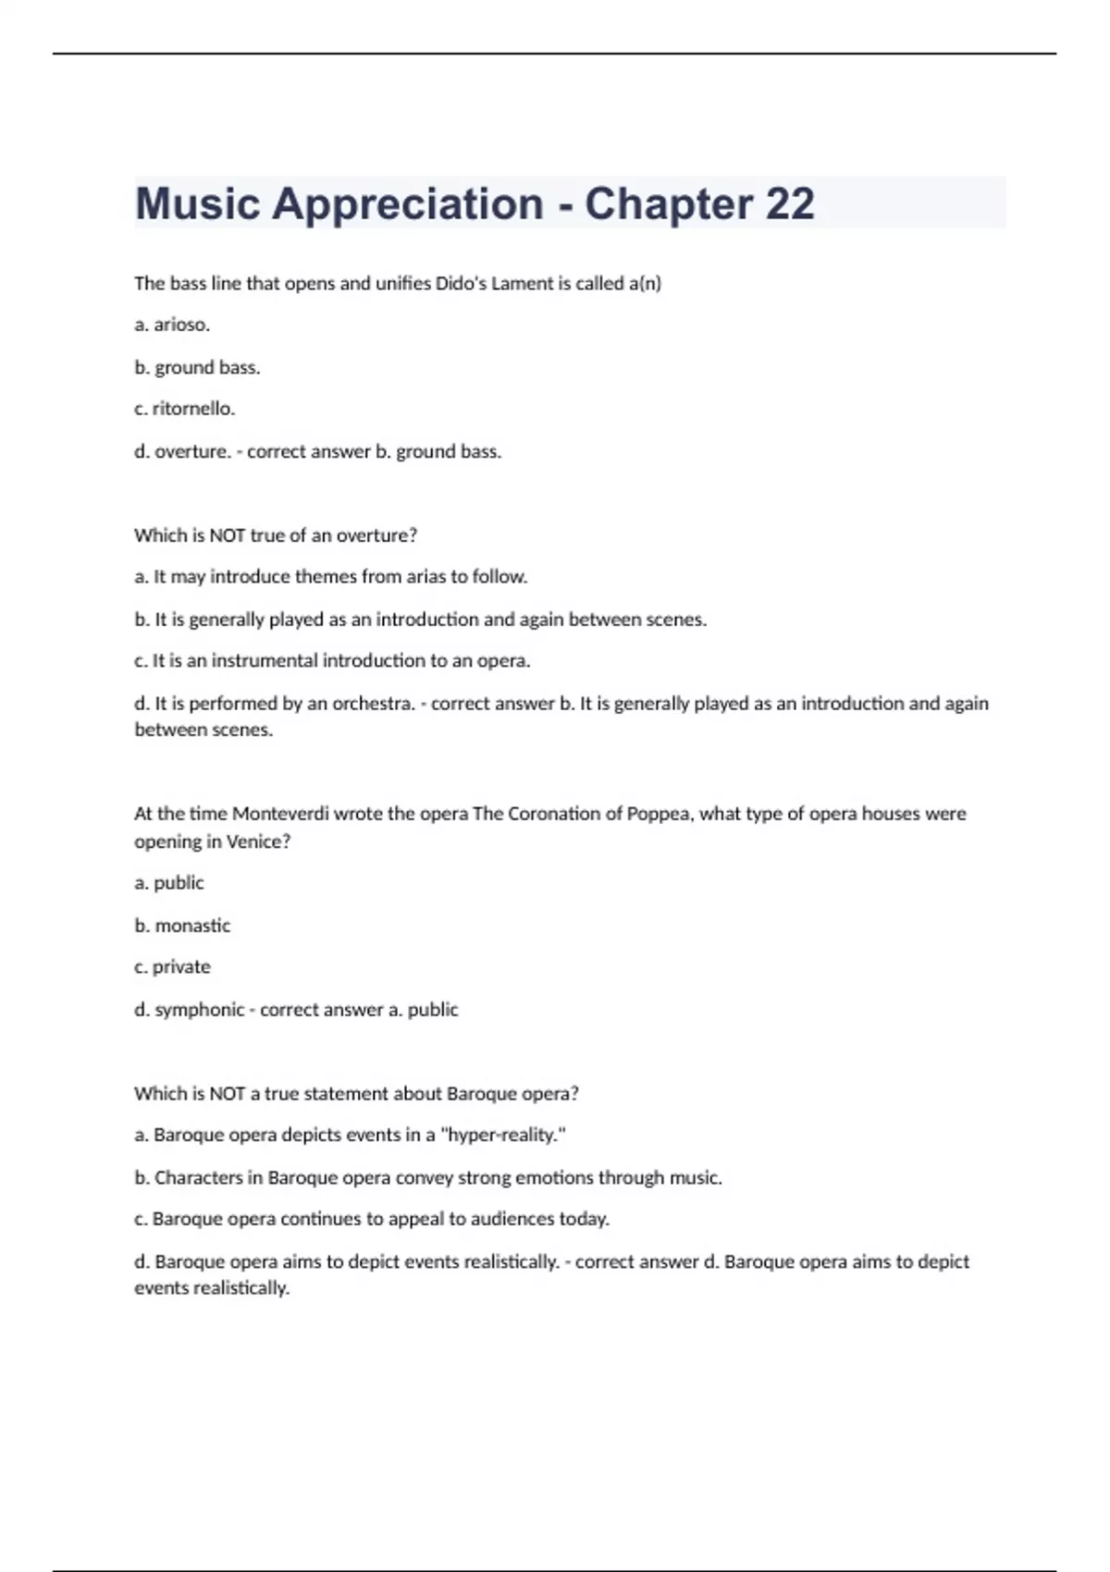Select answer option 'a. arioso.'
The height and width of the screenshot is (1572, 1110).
point(172,325)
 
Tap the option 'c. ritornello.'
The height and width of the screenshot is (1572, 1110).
point(184,409)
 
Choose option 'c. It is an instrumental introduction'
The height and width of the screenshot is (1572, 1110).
point(332,661)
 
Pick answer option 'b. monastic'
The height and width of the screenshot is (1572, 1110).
point(182,926)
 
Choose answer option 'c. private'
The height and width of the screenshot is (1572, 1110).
point(172,967)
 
